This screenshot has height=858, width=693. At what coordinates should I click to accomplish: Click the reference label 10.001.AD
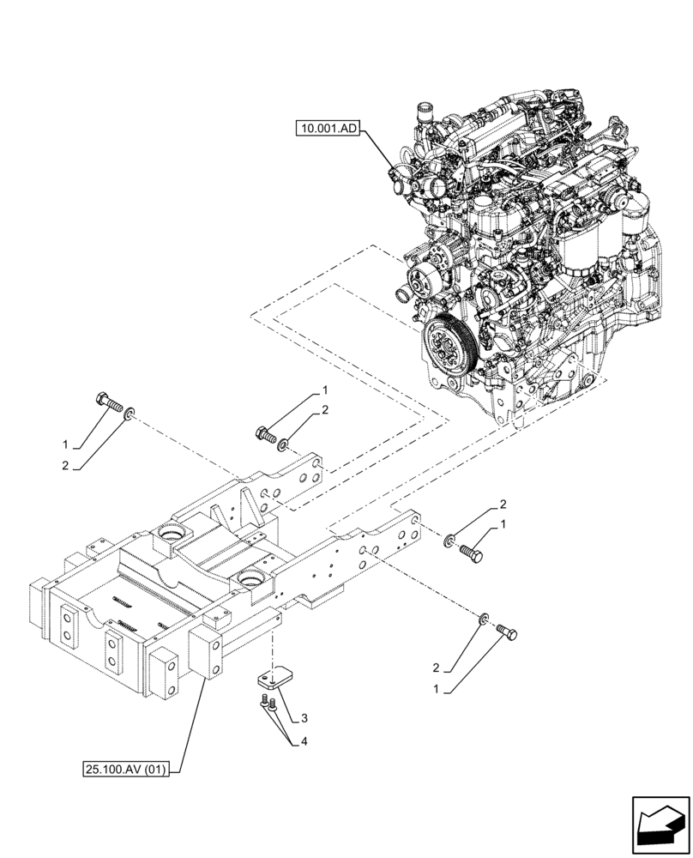click(328, 129)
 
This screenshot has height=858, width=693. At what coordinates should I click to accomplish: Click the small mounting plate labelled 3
click(273, 680)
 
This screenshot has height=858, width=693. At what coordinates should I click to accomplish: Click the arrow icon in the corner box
click(659, 824)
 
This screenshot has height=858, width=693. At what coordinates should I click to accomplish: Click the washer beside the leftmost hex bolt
click(128, 415)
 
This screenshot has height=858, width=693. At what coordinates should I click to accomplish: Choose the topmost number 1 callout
click(326, 390)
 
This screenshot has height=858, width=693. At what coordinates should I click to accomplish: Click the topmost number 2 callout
click(326, 412)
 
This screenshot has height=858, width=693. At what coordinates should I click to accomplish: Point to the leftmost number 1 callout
click(64, 445)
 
